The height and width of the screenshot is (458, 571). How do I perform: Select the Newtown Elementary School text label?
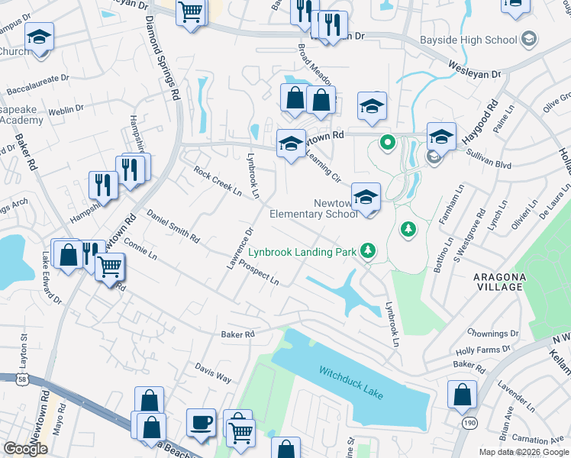[314, 208]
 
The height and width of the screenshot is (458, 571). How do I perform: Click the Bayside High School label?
[469, 39]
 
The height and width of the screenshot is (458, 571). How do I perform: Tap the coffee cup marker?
[202, 423]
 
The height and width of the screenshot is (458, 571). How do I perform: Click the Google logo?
[26, 449]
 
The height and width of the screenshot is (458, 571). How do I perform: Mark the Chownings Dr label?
[492, 334]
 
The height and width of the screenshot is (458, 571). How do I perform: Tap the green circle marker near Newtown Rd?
[388, 141]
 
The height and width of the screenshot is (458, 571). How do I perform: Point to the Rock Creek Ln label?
[218, 181]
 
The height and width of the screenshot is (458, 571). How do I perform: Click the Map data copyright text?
[523, 452]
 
